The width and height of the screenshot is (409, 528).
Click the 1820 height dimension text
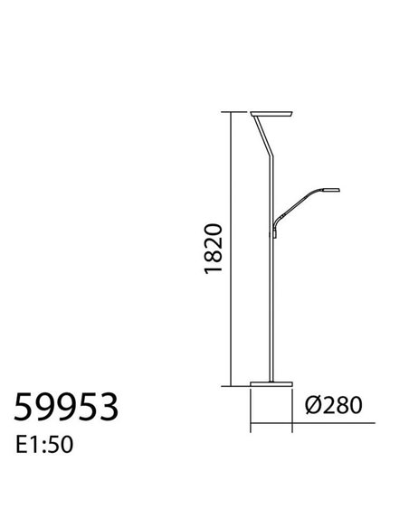(212, 247)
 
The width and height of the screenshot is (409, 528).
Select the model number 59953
(65, 408)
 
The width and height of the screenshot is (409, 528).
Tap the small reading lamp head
(324, 190)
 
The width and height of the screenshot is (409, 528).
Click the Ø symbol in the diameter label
(312, 404)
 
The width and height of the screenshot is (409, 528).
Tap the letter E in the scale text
(22, 446)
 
